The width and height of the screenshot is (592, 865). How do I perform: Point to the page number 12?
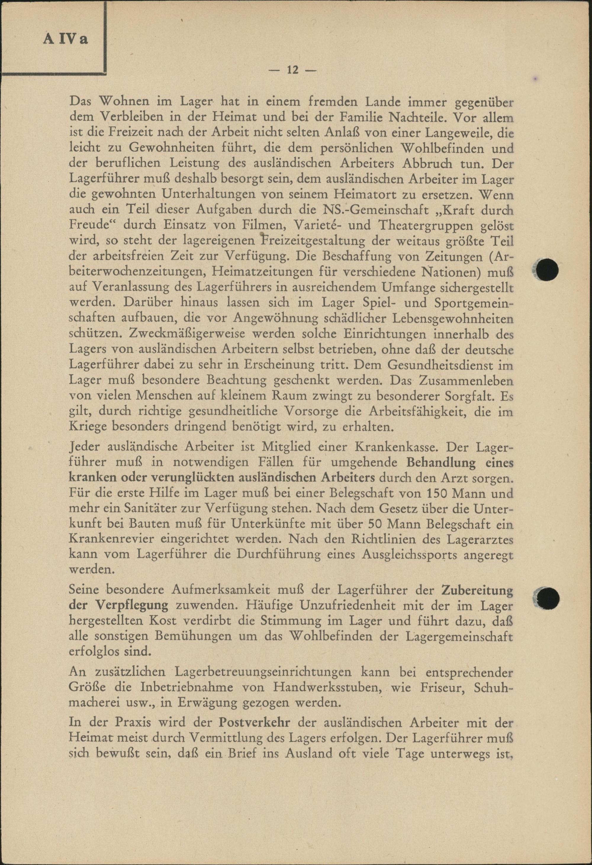click(292, 70)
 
